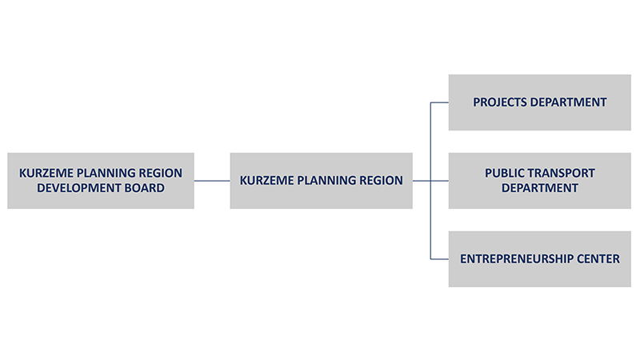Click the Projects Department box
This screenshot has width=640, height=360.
pyautogui.click(x=539, y=102)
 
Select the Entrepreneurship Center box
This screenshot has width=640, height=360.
pyautogui.click(x=539, y=259)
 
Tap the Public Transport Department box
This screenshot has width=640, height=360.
pyautogui.click(x=539, y=181)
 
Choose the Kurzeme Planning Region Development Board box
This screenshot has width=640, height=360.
pyautogui.click(x=101, y=181)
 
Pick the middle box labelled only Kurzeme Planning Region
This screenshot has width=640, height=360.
pyautogui.click(x=322, y=181)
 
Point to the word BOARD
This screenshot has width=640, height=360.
pyautogui.click(x=146, y=188)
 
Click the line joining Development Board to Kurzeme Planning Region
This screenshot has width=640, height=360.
pyautogui.click(x=212, y=181)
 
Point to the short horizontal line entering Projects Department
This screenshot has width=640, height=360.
pyautogui.click(x=439, y=102)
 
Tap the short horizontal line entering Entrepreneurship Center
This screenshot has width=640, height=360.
pyautogui.click(x=439, y=259)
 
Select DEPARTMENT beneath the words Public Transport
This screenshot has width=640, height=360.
pyautogui.click(x=539, y=188)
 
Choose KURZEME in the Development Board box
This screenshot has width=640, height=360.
pyautogui.click(x=46, y=173)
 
